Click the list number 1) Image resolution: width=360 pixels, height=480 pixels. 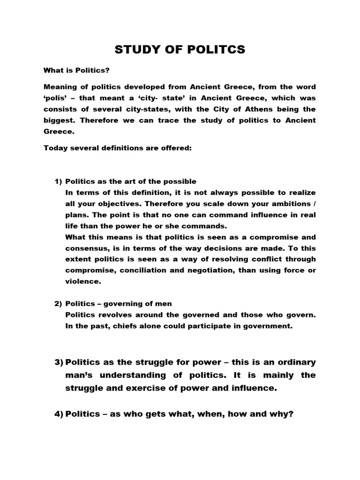click(58, 181)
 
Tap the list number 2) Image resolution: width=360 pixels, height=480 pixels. click(58, 304)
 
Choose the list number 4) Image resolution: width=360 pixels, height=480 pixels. click(59, 414)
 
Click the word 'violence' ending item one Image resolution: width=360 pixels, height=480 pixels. click(83, 282)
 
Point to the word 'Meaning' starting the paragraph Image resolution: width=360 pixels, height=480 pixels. click(61, 87)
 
